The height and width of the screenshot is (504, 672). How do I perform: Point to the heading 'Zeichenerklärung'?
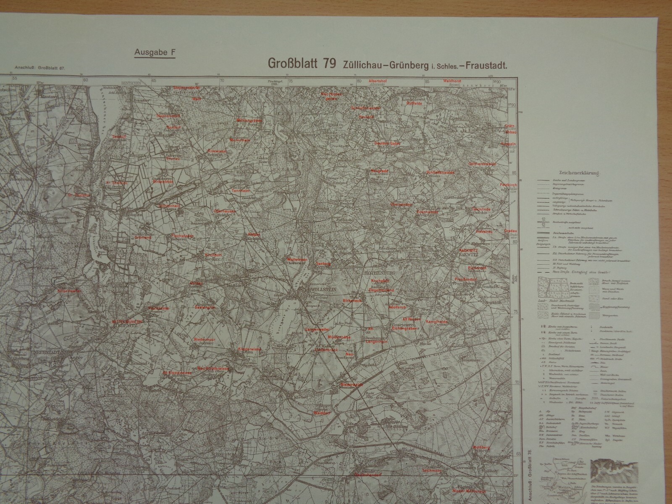point(578,173)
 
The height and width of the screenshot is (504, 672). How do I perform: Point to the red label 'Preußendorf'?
point(465,279)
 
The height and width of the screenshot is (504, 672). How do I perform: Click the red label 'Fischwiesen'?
point(182,236)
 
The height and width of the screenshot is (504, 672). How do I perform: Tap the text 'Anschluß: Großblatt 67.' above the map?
point(40,67)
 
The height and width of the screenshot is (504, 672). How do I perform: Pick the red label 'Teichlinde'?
point(484,209)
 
